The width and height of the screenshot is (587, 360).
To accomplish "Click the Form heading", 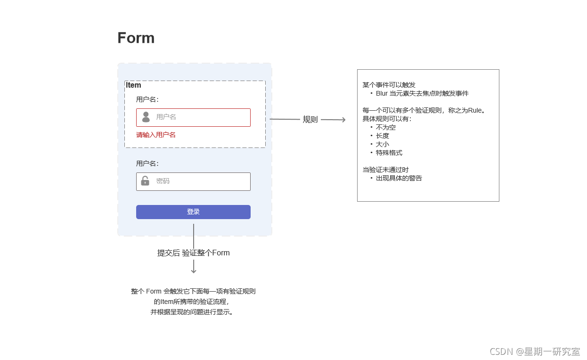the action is (136, 38).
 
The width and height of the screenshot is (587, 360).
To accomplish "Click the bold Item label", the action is (133, 85).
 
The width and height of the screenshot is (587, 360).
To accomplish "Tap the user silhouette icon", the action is (146, 117).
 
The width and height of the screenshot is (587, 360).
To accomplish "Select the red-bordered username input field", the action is (193, 117).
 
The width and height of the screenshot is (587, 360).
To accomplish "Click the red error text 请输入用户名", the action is (155, 135).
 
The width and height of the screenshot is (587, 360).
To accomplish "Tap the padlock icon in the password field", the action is (145, 181).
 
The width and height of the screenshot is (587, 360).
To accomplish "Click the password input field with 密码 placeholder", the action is (193, 181).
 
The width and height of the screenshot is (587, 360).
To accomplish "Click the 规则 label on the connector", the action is (310, 120).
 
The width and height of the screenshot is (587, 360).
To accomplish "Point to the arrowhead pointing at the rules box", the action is (343, 120).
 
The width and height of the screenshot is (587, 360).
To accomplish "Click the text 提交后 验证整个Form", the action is (194, 253).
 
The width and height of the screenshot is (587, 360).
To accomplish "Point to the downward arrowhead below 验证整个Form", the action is (194, 271).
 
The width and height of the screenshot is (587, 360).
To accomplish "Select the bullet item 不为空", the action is (385, 127).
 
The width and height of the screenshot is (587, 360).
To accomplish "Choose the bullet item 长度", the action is (383, 136).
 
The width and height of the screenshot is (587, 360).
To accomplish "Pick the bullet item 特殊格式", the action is (389, 153).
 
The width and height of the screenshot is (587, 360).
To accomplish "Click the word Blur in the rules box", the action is (382, 93).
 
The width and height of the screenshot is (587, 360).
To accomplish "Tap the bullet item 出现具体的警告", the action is (399, 178).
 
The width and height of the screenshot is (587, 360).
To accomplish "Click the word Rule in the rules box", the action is (475, 110).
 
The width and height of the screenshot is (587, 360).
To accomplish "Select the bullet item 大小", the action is (383, 145).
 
